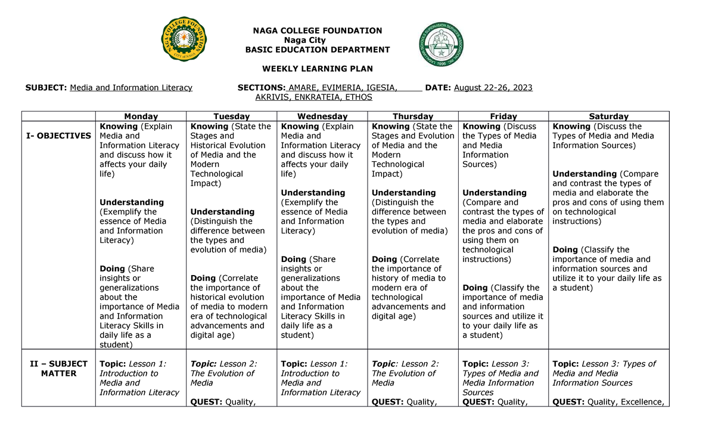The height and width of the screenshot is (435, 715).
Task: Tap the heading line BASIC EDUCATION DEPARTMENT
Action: [x=318, y=50]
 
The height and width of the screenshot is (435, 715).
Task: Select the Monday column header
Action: [x=141, y=116]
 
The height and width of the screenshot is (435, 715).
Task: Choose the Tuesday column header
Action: [x=232, y=116]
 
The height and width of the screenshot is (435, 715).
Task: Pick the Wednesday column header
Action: [x=322, y=116]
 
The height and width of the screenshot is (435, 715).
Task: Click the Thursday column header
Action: [x=412, y=116]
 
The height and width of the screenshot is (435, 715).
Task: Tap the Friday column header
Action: [x=503, y=116]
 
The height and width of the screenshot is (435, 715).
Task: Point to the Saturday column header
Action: [x=608, y=116]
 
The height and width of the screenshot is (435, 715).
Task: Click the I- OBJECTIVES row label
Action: [x=58, y=136]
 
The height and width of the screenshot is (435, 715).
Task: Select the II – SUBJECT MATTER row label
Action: [x=58, y=369]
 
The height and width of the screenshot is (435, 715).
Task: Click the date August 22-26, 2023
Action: [x=493, y=88]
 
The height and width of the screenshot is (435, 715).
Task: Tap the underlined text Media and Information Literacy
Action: [x=131, y=88]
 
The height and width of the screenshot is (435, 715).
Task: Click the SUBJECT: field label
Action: [x=46, y=88]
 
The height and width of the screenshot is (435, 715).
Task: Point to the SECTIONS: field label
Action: [x=262, y=88]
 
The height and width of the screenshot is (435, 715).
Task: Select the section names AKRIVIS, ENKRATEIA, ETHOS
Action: [x=313, y=97]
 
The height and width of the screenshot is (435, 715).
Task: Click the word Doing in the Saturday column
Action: [x=565, y=250]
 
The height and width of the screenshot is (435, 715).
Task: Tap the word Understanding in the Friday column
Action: [x=494, y=193]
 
